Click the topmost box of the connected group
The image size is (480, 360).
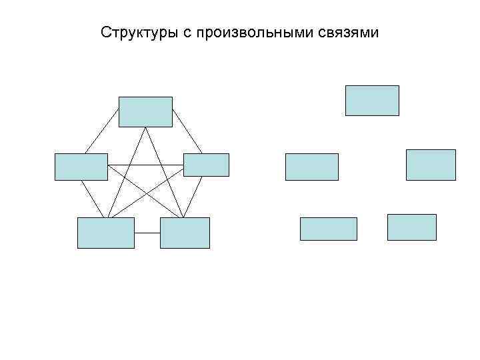pos(145,112)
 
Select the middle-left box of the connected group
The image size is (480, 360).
pos(81,167)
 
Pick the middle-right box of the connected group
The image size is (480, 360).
pos(206,165)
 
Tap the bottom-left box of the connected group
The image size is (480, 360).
pos(105,233)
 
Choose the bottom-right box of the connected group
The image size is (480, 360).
pos(185,233)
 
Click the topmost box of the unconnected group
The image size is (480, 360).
pos(372,101)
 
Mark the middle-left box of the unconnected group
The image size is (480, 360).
pos(311,167)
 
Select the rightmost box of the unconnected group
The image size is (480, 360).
pos(431,165)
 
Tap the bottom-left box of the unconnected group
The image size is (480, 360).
pos(328,229)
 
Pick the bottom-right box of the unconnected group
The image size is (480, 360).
pos(411,227)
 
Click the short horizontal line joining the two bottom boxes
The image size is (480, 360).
pos(147,233)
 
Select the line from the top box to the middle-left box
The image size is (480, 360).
pos(102,140)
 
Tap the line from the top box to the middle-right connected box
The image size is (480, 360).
pos(187,139)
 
